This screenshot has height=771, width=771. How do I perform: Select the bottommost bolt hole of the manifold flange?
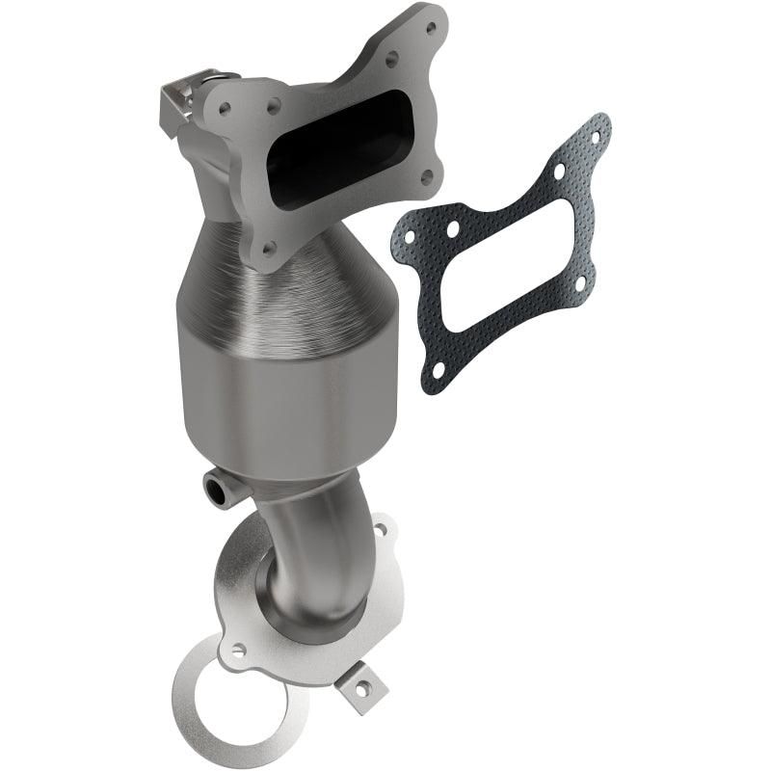pyautogui.click(x=271, y=250)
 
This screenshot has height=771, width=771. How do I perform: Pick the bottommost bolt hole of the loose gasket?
pyautogui.click(x=439, y=367)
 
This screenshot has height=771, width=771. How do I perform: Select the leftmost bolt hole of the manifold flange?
pyautogui.click(x=226, y=109)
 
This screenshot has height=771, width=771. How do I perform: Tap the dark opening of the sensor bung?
pyautogui.click(x=215, y=492)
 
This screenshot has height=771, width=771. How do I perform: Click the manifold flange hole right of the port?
pyautogui.click(x=427, y=175)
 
